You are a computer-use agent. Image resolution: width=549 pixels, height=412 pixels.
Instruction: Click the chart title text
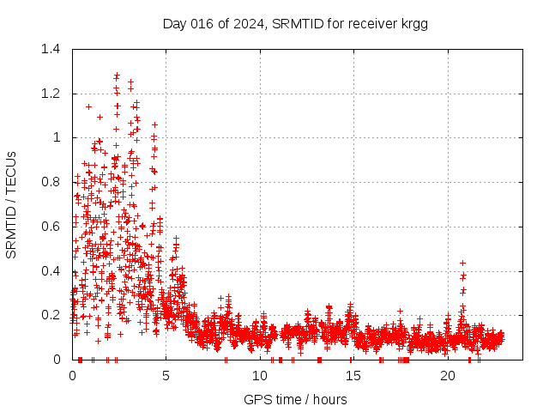295,23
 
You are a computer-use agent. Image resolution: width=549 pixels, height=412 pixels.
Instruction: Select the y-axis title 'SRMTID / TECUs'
12,204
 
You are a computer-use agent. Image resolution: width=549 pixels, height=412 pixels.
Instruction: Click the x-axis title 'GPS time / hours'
295,399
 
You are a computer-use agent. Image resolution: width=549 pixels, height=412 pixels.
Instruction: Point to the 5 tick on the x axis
166,376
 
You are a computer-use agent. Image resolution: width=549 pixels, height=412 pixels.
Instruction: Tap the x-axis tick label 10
261,376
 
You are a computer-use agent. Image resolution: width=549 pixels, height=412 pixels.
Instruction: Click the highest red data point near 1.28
117,76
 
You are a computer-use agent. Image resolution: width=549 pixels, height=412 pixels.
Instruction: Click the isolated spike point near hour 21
463,263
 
